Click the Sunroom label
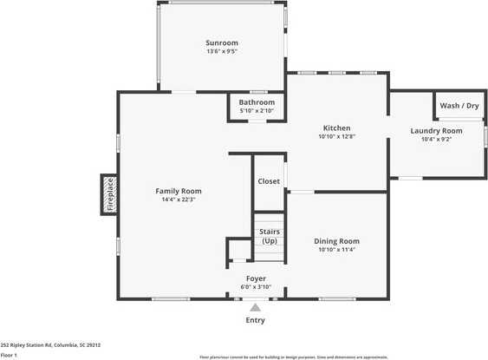coord(222,43)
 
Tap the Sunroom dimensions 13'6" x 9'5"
coord(222,51)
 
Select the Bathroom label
coord(257,102)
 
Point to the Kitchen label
coord(336,128)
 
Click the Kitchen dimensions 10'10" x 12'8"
coord(336,136)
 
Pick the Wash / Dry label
coord(459,106)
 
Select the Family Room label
coord(179,191)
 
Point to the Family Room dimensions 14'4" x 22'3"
coord(179,200)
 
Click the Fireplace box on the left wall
coord(109,195)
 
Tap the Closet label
coord(269,181)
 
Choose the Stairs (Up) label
coord(269,236)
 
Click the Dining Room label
coord(336,241)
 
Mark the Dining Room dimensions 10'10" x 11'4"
coord(336,250)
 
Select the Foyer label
coord(256,278)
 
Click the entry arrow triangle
coord(255,306)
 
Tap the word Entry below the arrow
coord(255,320)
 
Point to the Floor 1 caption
coord(10,355)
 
